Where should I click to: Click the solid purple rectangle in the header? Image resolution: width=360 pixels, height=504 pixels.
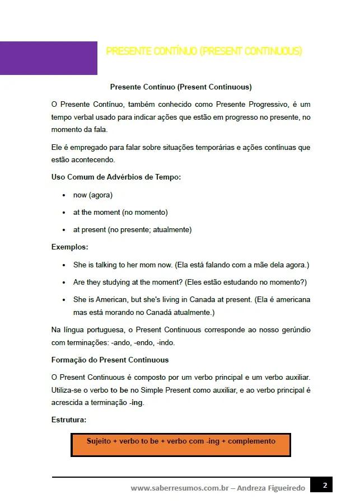pos(49,58)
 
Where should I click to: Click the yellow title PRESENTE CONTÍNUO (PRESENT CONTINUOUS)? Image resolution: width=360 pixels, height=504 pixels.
pos(204,51)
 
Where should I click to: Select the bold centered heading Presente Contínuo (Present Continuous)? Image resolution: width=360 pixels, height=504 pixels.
pos(181,87)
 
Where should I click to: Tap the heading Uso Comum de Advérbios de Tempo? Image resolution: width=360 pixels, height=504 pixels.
pos(116,177)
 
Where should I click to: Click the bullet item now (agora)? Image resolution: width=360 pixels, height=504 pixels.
pos(93,195)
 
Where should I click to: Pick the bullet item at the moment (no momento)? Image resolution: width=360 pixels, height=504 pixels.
pos(120,213)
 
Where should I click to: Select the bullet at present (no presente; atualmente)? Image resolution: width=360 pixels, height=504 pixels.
pos(132,230)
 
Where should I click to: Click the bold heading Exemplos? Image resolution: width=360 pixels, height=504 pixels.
pos(69,247)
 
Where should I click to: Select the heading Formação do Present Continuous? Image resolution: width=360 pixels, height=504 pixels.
pos(110,360)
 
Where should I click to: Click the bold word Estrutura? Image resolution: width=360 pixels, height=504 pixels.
pos(68,420)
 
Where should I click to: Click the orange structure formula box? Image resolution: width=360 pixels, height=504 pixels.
pos(180,445)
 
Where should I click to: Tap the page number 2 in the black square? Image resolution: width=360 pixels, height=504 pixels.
pos(324,485)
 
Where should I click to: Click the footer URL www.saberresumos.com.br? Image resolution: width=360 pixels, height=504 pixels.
pos(180,488)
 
